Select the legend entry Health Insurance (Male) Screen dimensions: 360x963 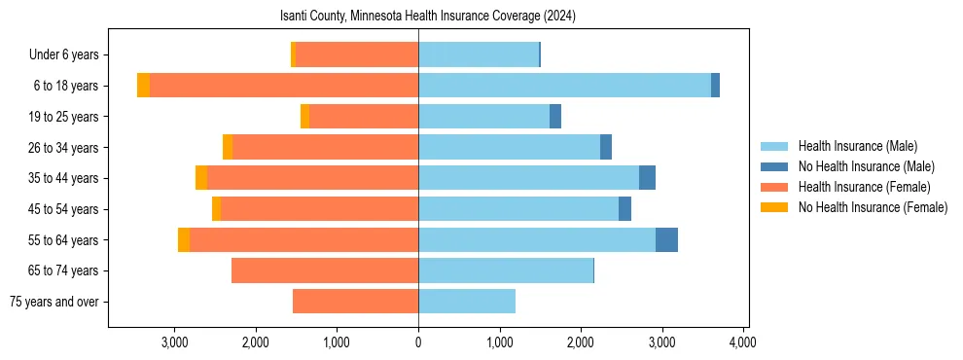click(857, 146)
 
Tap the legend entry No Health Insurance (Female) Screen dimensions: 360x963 click(872, 207)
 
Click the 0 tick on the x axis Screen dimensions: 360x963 click(418, 342)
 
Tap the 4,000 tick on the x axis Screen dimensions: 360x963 click(743, 342)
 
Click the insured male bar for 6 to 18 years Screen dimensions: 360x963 click(564, 86)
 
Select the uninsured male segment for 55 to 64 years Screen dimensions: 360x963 click(666, 239)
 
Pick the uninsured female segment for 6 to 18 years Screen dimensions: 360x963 click(143, 86)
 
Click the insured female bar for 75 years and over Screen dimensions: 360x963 click(355, 302)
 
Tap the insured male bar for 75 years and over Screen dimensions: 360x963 click(467, 302)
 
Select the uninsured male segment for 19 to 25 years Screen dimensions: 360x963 click(555, 117)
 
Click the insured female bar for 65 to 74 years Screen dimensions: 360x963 click(325, 270)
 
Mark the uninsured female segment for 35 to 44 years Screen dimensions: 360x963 click(201, 178)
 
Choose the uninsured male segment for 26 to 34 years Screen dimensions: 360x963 click(606, 147)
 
